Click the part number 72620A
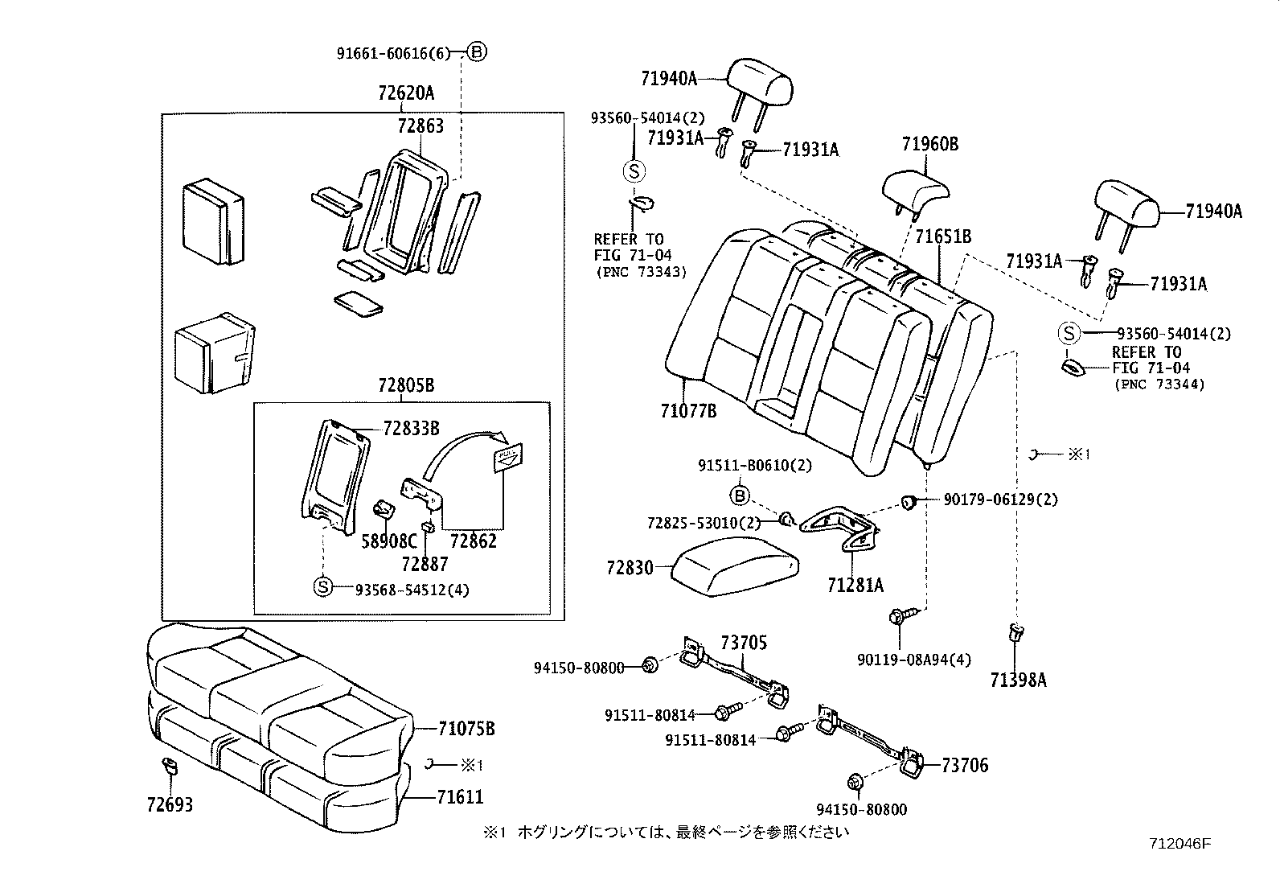(406, 93)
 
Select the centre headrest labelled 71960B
(914, 187)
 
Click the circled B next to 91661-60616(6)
(477, 52)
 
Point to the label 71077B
(688, 411)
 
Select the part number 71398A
(1018, 680)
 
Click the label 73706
(965, 765)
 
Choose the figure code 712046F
(1179, 844)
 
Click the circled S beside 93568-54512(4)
(322, 588)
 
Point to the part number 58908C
(389, 541)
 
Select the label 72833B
(411, 428)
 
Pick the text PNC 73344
(1159, 384)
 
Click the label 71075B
(466, 729)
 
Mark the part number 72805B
(406, 385)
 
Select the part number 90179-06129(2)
(1001, 500)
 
